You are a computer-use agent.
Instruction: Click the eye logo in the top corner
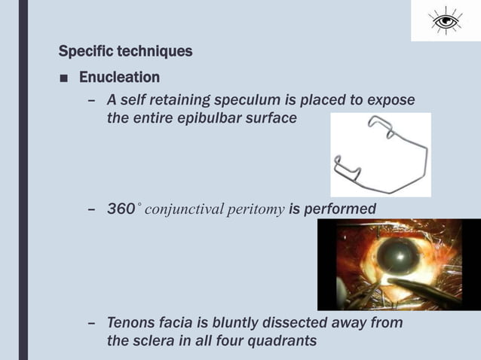446,21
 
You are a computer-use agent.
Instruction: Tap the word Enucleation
119,78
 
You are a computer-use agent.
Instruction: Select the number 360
121,209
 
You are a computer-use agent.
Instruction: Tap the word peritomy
256,209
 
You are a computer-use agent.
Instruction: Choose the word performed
340,209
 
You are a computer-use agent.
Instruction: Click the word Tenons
133,323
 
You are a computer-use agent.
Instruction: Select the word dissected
292,323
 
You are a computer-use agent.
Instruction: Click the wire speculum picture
380,154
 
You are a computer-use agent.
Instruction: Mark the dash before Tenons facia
91,324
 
